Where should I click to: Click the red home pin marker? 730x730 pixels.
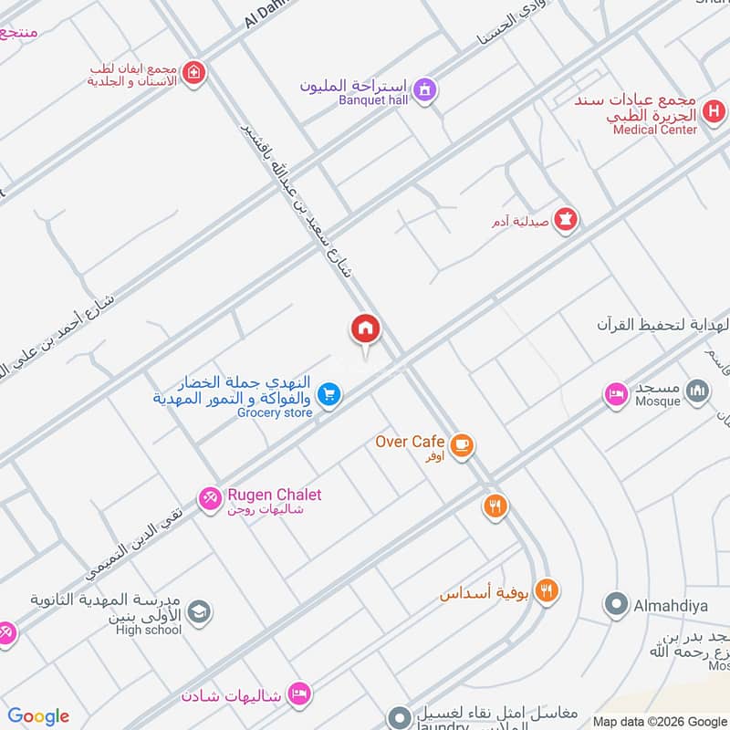point(366,329)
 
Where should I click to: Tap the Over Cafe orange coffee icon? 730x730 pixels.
point(463,445)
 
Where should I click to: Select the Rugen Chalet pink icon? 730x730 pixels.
point(210,498)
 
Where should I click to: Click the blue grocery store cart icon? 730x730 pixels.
point(329,395)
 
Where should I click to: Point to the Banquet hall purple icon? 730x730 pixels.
point(423,89)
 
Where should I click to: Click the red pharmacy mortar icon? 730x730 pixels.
point(566,221)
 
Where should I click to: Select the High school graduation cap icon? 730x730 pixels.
point(199,612)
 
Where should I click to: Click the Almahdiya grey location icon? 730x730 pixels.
point(617,604)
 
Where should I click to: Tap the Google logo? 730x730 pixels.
point(38,716)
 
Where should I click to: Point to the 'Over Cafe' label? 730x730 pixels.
point(410,442)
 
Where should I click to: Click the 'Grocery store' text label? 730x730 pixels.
point(275,413)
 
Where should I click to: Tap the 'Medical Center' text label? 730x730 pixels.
point(655,130)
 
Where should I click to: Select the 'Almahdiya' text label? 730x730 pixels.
point(672,604)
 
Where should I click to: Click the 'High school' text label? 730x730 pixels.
point(149,630)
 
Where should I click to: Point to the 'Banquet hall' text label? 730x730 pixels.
point(373,99)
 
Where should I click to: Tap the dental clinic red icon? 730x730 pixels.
point(193,73)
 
